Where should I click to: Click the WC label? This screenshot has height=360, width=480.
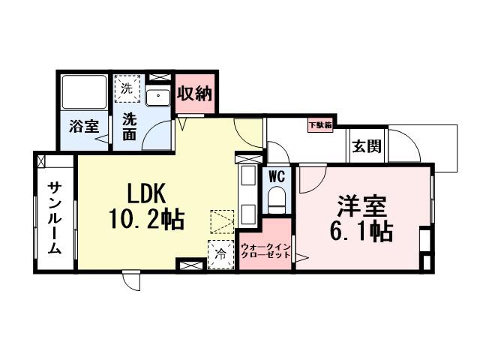coord(275,178)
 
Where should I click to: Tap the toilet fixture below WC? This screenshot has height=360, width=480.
coord(275,200)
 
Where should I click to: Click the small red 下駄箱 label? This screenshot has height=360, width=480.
coord(321,125)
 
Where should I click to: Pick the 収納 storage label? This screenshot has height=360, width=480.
coord(195,94)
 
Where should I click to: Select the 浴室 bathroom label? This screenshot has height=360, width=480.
coord(84,125)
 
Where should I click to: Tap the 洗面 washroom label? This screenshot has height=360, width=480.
coord(130,125)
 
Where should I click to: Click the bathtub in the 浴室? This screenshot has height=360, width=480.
coord(84,92)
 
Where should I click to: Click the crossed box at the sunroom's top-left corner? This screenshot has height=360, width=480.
coord(40,160)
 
